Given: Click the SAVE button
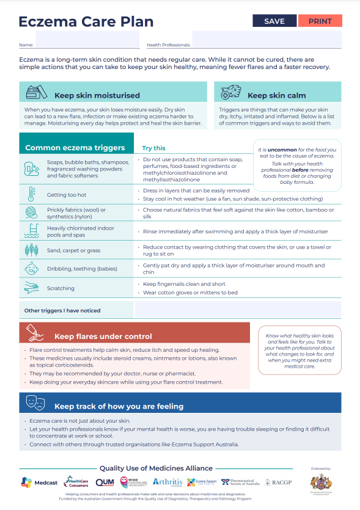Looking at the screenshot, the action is [274, 21].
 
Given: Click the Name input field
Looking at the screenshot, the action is [87, 40].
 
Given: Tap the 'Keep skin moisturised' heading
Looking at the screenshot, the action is [97, 95].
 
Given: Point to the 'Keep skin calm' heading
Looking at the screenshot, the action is [276, 95].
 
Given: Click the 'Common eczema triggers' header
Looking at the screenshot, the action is [75, 148].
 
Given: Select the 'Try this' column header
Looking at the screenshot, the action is [153, 148].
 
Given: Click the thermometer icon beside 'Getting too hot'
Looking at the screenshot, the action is [31, 195].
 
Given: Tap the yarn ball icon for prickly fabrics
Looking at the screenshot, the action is [31, 213].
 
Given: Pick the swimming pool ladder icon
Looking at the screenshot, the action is [31, 231].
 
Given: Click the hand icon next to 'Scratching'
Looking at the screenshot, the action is [31, 288].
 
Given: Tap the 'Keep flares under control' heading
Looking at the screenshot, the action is [103, 336].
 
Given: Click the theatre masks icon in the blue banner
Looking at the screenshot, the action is [35, 403].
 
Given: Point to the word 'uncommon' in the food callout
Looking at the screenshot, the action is [281, 149].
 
